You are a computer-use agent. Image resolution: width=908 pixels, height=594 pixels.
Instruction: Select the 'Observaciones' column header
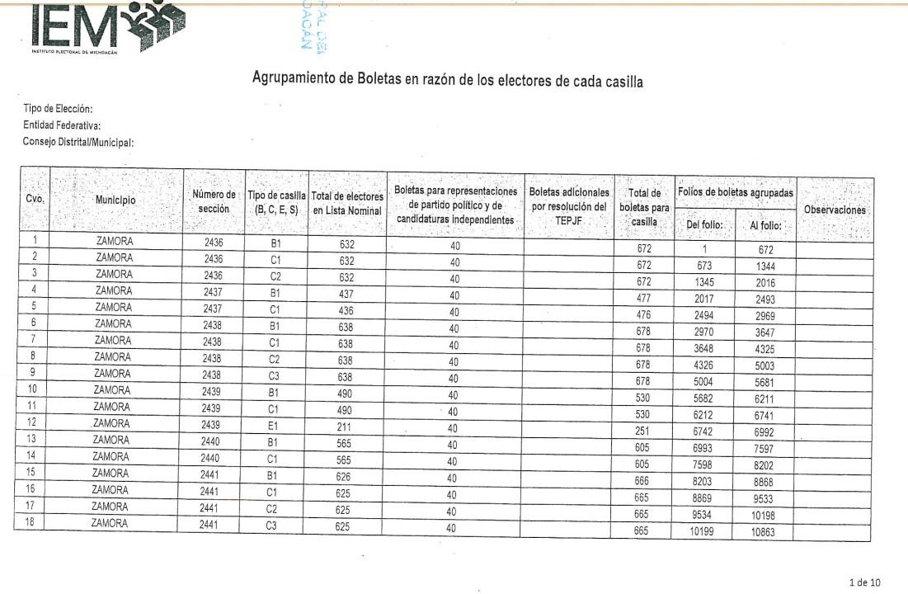[x=835, y=210]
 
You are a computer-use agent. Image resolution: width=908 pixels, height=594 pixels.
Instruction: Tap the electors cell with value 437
[x=346, y=291]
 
